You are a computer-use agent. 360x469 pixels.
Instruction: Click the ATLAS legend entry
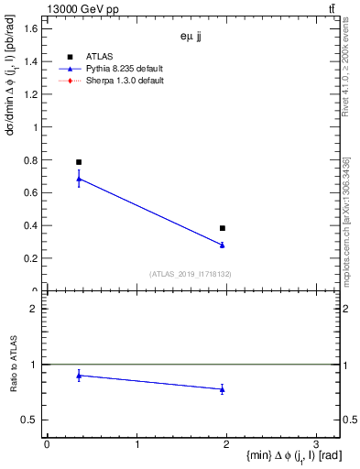[x=98, y=56]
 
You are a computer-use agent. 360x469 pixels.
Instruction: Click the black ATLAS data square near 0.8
[x=79, y=162]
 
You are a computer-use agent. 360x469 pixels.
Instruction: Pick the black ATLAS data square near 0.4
[x=223, y=228]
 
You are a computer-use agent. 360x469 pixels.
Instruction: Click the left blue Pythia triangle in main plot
[x=79, y=180]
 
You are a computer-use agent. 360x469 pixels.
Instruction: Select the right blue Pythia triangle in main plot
[x=223, y=245]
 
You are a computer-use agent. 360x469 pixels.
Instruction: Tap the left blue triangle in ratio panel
[x=79, y=376]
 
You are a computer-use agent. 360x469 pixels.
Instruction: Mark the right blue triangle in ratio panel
[x=223, y=389]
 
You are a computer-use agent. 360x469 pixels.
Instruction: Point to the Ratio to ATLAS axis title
[x=14, y=365]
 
